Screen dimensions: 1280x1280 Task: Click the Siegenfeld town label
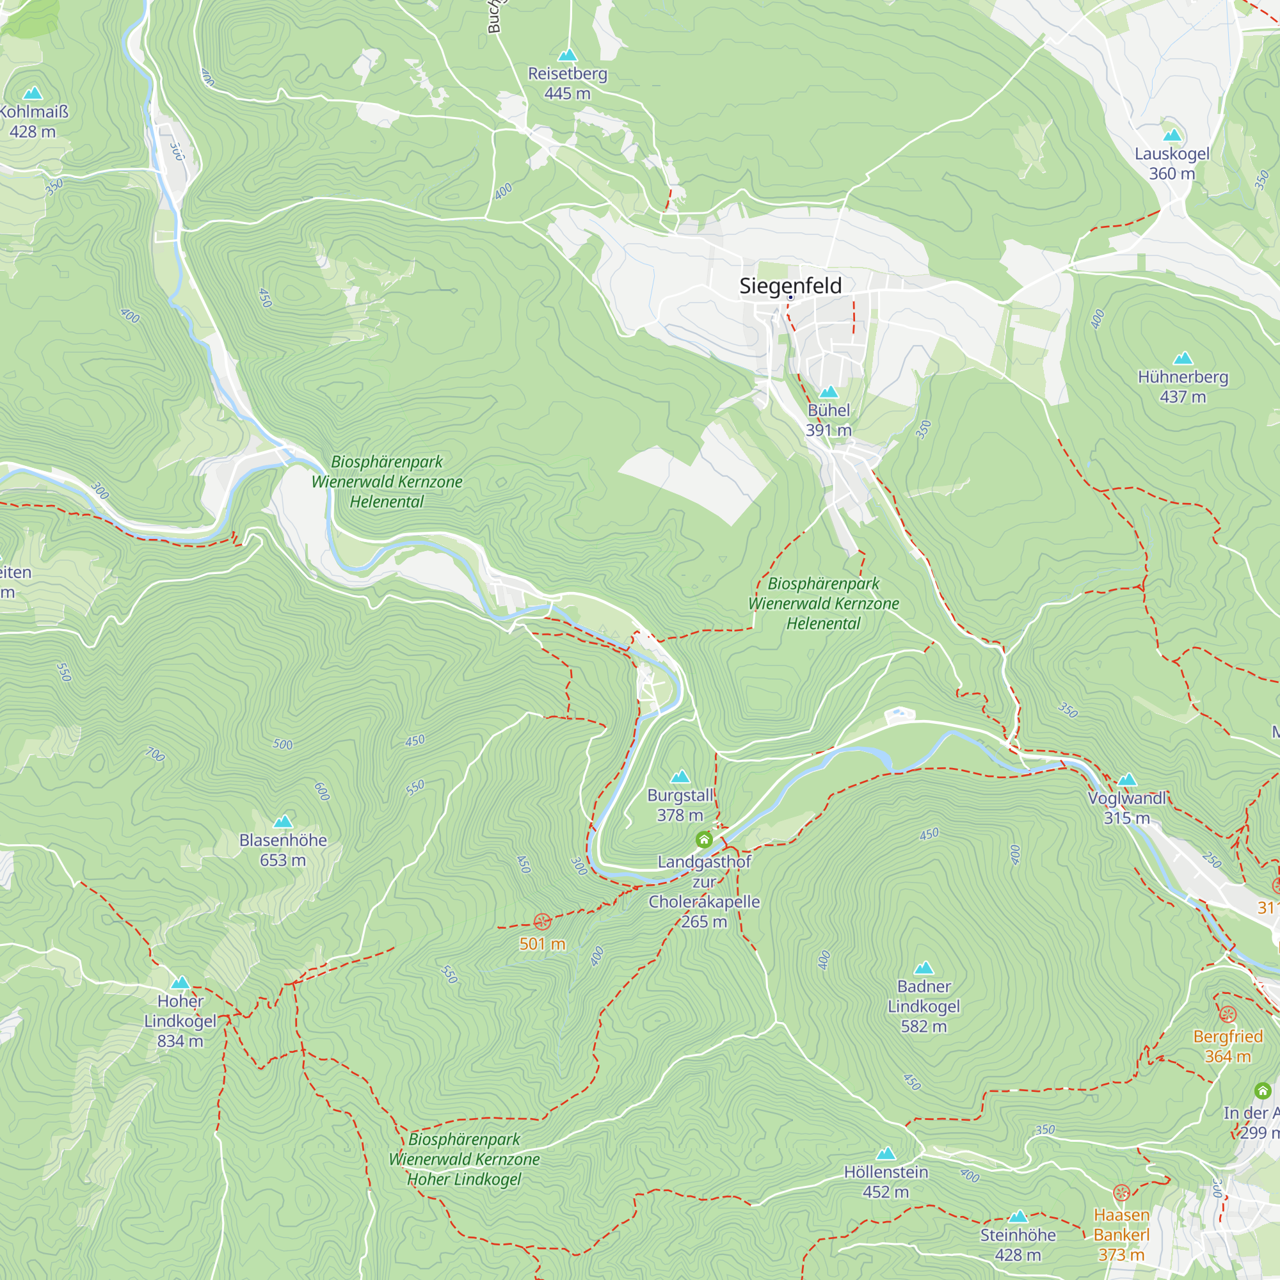790,285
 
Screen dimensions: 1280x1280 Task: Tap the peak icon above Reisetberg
567,55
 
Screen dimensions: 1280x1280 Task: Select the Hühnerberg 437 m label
1183,387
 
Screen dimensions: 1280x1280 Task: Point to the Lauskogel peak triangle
1172,135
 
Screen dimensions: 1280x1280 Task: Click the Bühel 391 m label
828,420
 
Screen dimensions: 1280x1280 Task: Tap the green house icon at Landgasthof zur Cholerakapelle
703,840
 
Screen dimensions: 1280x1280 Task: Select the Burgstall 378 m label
680,805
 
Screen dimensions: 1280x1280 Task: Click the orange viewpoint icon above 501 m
542,922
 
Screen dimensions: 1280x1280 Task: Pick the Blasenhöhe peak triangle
283,822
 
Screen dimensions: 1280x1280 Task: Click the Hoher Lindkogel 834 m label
180,1021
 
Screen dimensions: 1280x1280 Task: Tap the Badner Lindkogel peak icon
924,968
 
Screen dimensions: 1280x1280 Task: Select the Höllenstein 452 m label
886,1181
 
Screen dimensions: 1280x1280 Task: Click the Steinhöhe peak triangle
1018,1217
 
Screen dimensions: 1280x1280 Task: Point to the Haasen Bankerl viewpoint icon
1121,1192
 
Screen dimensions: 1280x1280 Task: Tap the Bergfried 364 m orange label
1228,1046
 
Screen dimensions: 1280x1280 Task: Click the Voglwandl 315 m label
1126,808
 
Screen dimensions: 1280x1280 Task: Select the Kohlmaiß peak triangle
33,93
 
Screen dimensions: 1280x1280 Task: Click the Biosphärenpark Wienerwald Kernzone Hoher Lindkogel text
464,1160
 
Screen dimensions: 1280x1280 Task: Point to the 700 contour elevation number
155,754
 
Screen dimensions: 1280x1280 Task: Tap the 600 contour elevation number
322,791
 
